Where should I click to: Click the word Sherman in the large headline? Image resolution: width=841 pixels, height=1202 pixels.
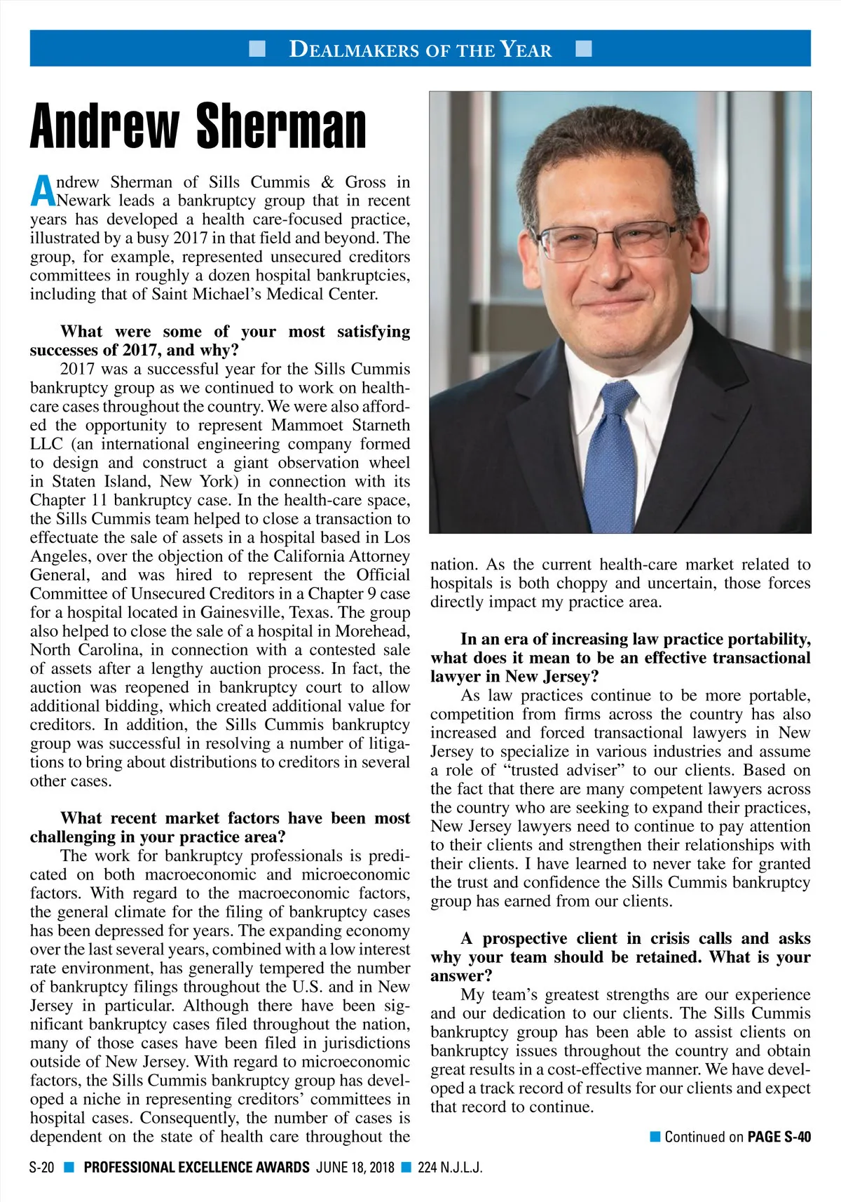pos(281,126)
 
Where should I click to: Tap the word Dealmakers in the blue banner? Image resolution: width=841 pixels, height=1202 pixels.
pos(350,49)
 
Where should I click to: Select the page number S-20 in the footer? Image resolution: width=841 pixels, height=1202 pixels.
pos(42,1168)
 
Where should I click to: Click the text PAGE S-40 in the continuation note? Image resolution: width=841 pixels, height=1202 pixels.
pos(779,1137)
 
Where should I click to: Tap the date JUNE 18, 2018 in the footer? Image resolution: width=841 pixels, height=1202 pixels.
pos(355,1168)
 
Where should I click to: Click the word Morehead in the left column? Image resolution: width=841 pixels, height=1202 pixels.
pos(374,631)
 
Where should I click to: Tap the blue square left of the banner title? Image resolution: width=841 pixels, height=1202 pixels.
pos(257,48)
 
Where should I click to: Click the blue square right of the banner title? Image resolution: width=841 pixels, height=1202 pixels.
pos(583,48)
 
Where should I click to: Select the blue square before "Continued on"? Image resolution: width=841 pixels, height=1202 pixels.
pos(655,1137)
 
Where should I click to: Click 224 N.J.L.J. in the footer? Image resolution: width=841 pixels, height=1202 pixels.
pos(450,1168)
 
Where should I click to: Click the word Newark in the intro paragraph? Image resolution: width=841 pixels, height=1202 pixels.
pos(83,201)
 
